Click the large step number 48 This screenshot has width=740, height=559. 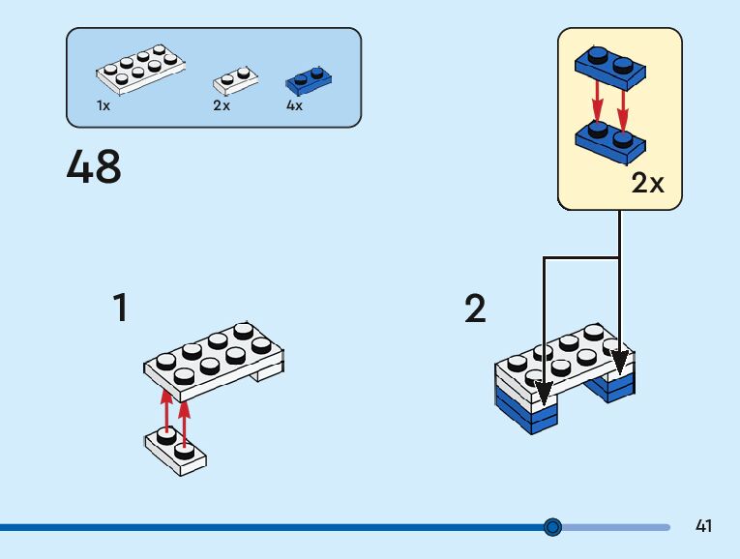94,166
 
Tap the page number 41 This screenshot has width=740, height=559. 703,526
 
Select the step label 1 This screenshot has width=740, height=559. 120,309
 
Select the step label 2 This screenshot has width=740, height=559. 475,309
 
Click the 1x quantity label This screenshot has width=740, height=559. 104,105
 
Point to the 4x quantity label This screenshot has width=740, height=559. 294,105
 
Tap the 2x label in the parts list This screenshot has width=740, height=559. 222,105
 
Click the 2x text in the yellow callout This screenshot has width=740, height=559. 647,183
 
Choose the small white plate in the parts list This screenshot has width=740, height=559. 235,79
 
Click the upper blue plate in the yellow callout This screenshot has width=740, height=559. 609,65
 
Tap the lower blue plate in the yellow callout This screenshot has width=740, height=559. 609,141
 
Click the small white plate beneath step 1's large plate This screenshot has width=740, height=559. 176,451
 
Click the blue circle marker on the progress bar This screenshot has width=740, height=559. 552,527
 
